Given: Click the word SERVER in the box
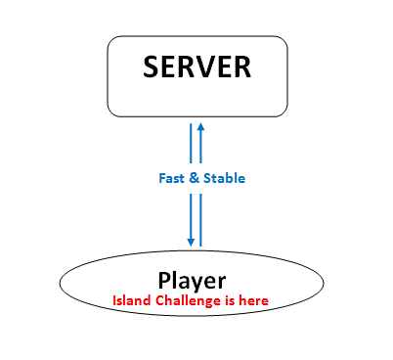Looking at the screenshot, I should point(196,67).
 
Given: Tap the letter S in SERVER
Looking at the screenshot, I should point(152,67).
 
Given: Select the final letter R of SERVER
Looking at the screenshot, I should point(241,67).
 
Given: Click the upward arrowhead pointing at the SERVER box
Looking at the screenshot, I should point(200,126).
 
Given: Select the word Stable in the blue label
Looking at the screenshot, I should point(224,179).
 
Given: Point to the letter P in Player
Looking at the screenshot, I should point(164,279).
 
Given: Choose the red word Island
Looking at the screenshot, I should point(131,300).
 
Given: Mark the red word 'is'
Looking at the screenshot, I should point(231,300).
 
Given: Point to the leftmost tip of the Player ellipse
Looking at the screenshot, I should point(62,285).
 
